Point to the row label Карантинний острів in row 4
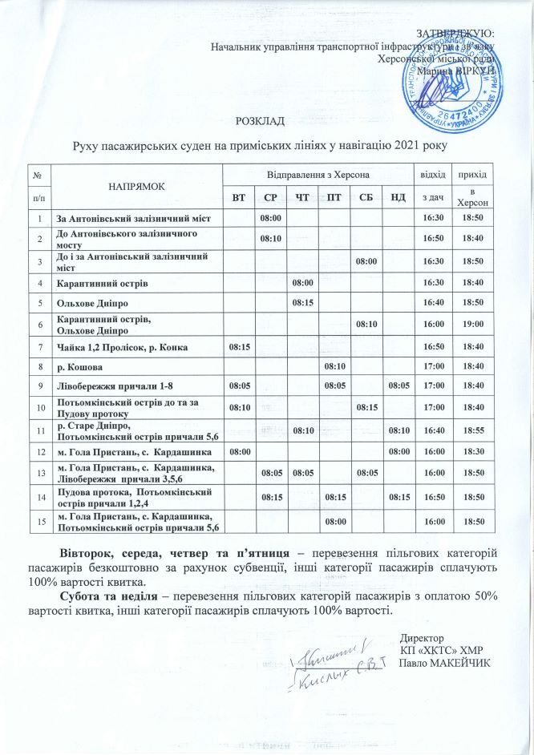101,284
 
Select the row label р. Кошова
78,366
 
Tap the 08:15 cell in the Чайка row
240,346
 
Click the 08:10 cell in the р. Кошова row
334,366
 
